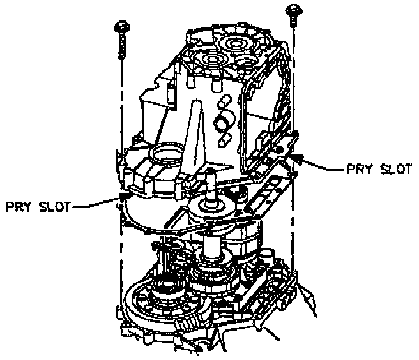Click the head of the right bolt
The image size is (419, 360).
(294, 10)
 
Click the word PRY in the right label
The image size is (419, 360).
(360, 169)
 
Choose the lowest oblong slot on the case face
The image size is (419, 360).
(225, 136)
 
